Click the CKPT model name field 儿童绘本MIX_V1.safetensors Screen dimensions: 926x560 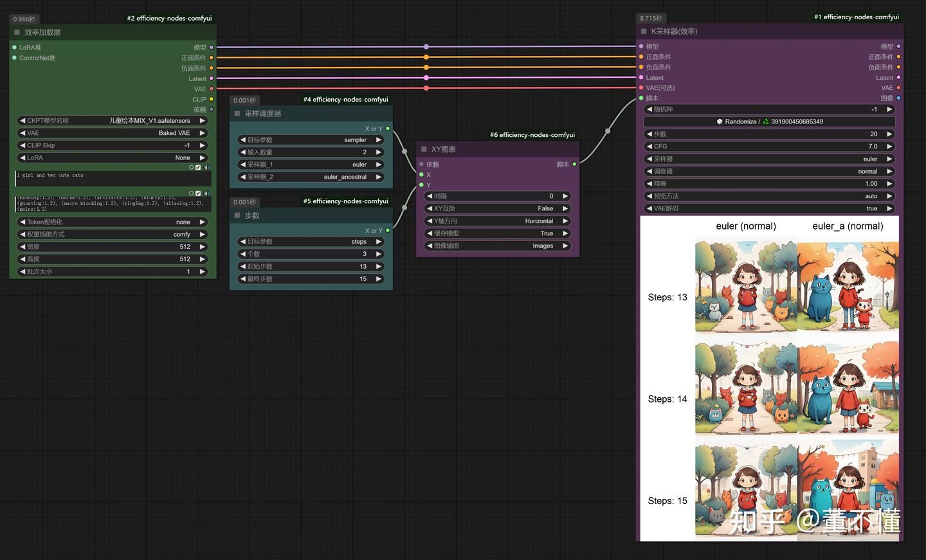coord(113,120)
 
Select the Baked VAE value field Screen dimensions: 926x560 coord(113,133)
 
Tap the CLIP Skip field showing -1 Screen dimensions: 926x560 coord(113,145)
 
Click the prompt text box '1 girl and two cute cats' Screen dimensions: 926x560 coord(113,178)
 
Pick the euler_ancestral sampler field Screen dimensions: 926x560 coord(311,177)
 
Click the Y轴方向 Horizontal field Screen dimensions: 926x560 coord(498,221)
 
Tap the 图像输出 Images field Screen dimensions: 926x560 coord(498,246)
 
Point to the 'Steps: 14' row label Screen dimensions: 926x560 coord(667,399)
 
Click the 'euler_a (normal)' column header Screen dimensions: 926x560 coord(848,226)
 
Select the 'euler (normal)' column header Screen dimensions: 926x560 coord(746,226)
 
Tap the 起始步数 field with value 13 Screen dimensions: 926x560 coord(311,266)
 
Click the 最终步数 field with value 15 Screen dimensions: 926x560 coord(311,279)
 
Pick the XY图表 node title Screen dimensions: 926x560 coord(444,149)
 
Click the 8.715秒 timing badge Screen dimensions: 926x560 coord(651,19)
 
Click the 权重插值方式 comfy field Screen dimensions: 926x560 coord(113,234)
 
